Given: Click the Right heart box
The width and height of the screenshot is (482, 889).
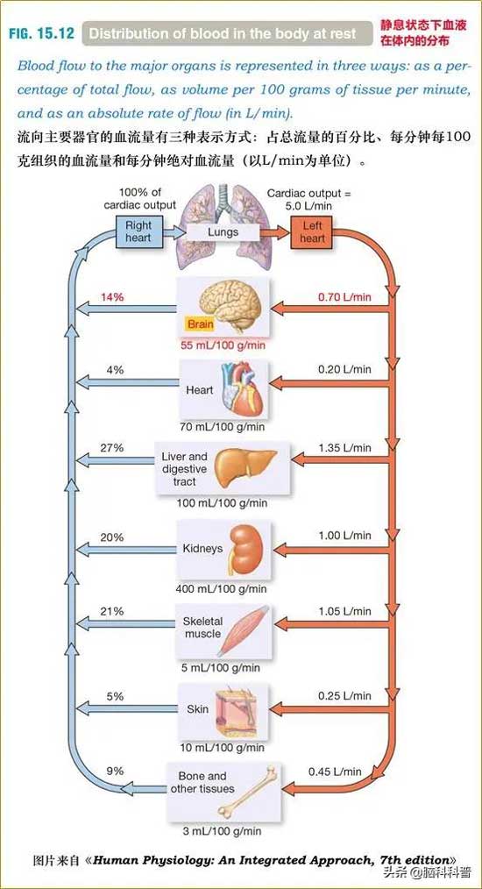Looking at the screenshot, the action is pos(138,231).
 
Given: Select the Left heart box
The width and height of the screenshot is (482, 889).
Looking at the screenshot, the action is pos(312,231).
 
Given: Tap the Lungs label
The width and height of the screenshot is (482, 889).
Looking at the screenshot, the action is pos(223,231).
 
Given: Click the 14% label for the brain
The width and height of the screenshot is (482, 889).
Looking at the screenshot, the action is pos(112,296).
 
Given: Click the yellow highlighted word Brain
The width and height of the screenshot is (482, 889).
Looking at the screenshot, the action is pos(200,324).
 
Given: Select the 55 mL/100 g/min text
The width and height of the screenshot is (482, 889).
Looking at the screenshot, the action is pos(223,345).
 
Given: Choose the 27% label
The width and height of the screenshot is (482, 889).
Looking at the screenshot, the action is pos(111,448).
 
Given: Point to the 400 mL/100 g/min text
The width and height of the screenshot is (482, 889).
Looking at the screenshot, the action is pos(221,589).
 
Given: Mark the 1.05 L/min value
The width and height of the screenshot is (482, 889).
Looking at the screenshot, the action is pos(344,611).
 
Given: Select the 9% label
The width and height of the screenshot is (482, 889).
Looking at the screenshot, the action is pos(115,771).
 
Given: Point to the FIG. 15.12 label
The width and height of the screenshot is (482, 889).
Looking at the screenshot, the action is pos(41,33).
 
